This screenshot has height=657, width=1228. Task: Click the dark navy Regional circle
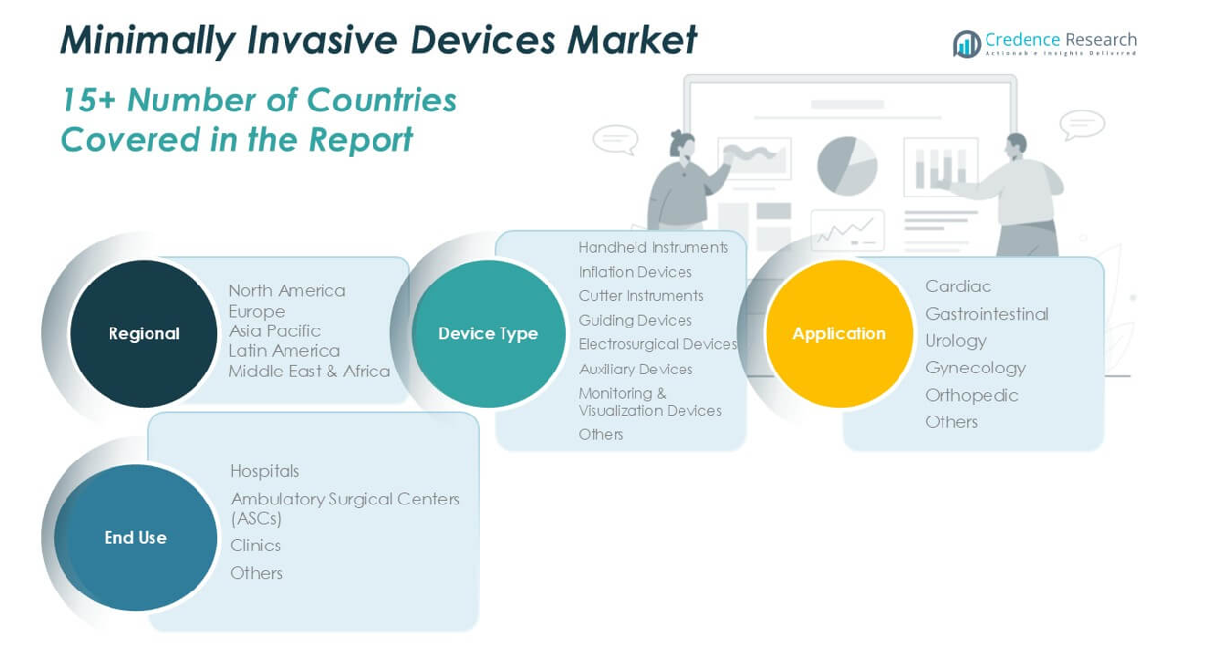(144, 333)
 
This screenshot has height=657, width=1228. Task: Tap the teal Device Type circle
(488, 333)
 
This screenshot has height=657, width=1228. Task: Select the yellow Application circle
(839, 333)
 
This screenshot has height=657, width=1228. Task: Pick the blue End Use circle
(135, 538)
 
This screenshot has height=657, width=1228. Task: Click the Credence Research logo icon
(967, 44)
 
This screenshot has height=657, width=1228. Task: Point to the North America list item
(286, 290)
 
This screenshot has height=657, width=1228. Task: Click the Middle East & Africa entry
(309, 372)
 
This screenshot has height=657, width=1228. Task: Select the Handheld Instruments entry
(653, 248)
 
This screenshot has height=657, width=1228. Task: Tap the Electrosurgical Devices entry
(657, 344)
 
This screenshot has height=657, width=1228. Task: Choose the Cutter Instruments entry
(640, 296)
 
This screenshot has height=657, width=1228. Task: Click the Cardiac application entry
(958, 286)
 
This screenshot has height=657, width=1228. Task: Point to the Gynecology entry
(976, 368)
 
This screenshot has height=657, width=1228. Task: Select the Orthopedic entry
(972, 395)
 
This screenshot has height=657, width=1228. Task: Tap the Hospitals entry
(264, 471)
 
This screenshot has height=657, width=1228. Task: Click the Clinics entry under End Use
(255, 546)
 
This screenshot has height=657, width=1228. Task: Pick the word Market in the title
(632, 40)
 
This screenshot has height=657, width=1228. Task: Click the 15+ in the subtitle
(89, 101)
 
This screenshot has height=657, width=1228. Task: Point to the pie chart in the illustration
(847, 165)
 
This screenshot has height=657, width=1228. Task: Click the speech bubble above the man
(1081, 125)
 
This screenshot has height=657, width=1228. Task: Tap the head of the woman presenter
(683, 144)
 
